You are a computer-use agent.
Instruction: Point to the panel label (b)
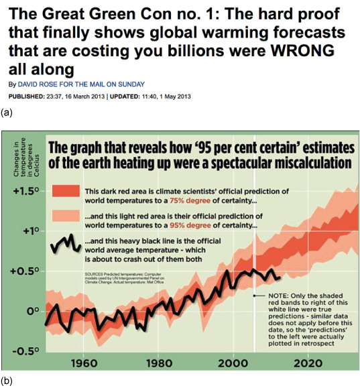pos(7,381)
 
